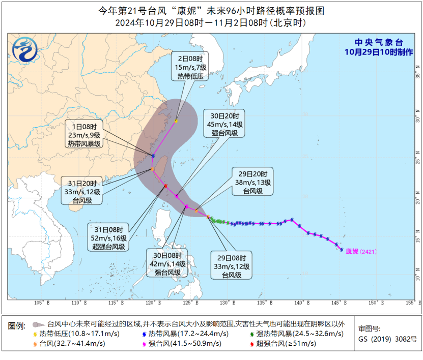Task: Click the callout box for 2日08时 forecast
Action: point(189,68)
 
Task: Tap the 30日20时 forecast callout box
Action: point(224,124)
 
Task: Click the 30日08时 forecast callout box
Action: point(167,263)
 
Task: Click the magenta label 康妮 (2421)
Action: point(361,251)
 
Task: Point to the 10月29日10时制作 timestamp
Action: point(378,52)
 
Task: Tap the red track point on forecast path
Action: point(165,186)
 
